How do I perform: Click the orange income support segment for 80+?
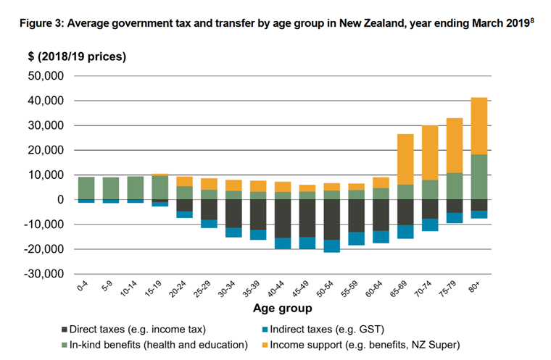point(479,126)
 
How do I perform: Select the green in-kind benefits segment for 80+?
point(479,177)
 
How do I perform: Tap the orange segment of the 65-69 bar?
point(405,159)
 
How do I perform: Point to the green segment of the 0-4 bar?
point(86,188)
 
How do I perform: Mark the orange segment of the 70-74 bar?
point(429,153)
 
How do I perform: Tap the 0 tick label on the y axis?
point(60,200)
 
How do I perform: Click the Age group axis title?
point(282,309)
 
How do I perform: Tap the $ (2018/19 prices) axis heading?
point(67,56)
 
